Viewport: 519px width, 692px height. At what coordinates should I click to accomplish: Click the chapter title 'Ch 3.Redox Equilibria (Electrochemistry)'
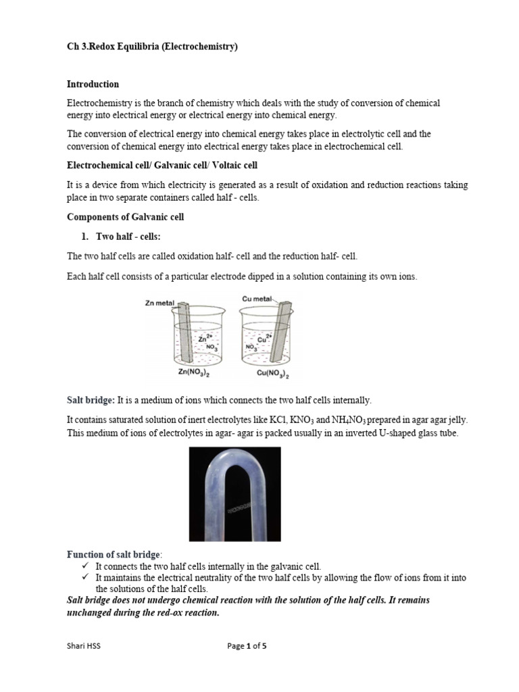(152, 47)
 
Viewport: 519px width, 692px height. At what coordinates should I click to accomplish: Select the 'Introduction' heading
(93, 84)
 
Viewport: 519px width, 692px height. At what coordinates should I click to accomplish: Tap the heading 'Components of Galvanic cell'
(125, 217)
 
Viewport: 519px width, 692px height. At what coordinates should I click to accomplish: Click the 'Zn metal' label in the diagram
(159, 303)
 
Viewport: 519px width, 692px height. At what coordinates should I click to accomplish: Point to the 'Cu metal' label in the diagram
(257, 299)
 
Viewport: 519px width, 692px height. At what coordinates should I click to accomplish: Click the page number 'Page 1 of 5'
(247, 646)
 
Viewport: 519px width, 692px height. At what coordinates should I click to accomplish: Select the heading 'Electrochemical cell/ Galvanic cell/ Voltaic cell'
(162, 166)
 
